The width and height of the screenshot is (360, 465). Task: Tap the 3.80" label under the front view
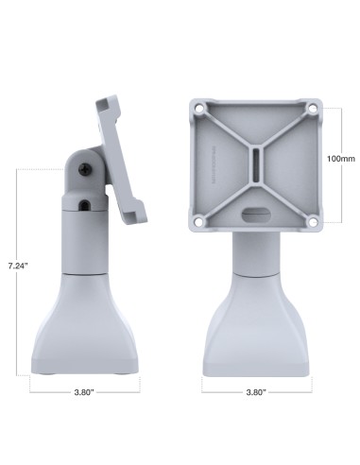click(255, 390)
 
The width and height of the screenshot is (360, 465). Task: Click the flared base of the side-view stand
click(84, 326)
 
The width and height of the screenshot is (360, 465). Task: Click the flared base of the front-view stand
click(257, 326)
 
